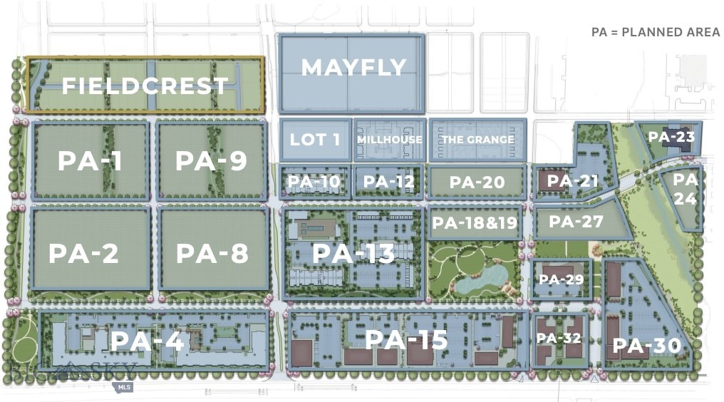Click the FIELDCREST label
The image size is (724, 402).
tap(145, 86)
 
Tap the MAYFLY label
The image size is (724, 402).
tap(353, 68)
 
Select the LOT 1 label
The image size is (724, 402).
tap(314, 139)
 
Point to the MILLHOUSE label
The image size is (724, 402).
tap(389, 140)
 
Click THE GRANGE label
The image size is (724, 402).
tap(477, 140)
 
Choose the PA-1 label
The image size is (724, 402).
tap(90, 161)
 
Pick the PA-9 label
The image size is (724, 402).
tap(211, 161)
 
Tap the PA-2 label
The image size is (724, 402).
tap(83, 253)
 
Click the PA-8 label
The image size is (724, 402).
tap(212, 253)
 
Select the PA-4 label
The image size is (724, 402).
tap(148, 341)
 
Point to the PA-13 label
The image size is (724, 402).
tap(353, 253)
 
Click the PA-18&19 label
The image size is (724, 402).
tap(474, 223)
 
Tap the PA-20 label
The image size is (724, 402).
tap(477, 182)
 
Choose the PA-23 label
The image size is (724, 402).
tap(671, 135)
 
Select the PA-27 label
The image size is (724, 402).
tap(576, 222)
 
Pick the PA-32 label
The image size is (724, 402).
tap(559, 338)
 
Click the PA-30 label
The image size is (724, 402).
tap(647, 346)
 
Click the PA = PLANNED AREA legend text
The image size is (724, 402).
tap(656, 33)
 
